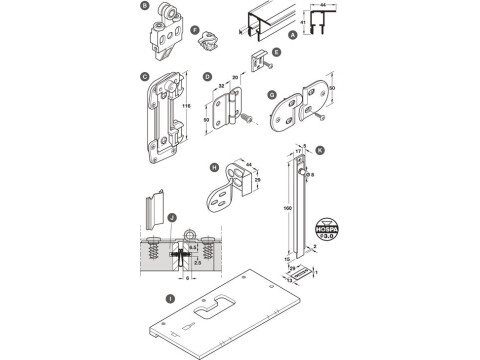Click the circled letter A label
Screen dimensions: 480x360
tap(290, 34)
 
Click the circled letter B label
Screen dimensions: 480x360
tap(145, 7)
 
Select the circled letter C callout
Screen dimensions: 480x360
tap(145, 75)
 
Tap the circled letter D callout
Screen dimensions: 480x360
tap(207, 75)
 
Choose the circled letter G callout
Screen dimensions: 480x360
tap(272, 96)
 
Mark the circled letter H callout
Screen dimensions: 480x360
tap(215, 169)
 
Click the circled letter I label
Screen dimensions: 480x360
tap(171, 297)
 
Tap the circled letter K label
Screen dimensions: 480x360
tap(319, 151)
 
